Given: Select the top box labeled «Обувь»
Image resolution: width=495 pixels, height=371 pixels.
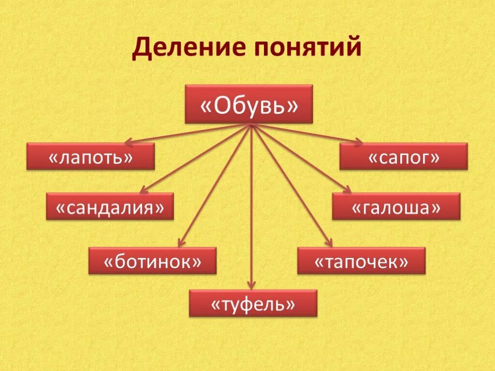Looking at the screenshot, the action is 249,104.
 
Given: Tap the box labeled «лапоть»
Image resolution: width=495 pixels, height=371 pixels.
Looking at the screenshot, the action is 90,156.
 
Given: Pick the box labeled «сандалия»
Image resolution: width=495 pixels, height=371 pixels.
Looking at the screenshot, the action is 110,206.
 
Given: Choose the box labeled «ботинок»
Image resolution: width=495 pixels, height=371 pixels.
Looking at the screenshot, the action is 152,261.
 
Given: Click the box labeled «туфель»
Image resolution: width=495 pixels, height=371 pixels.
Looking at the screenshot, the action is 253,303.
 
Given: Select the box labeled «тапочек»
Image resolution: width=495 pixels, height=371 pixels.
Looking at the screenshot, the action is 361,261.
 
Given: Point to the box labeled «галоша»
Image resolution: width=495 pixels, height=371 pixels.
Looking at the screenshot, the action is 396,206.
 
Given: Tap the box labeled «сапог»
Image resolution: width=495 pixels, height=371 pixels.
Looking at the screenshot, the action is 403,156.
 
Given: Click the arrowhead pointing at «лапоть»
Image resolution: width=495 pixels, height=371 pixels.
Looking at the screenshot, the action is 128,143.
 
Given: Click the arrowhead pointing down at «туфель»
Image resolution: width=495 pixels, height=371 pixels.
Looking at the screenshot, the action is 251,286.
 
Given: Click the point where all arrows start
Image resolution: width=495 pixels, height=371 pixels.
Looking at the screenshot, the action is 251,125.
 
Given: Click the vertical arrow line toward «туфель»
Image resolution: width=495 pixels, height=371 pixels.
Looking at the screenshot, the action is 251,208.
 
